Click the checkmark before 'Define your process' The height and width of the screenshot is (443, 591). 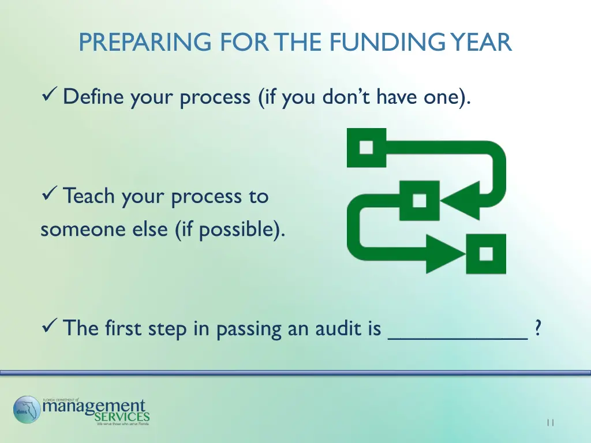pos(49,96)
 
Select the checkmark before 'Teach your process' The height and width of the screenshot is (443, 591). pos(49,196)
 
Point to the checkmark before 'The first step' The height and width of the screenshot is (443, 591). pos(49,328)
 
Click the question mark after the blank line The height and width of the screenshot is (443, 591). pos(538,328)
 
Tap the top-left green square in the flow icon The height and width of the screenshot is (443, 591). pos(366,148)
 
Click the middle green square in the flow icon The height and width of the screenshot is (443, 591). pos(420,200)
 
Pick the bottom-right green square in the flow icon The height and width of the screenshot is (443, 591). pos(486,254)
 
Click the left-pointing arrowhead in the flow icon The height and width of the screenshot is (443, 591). pos(459,201)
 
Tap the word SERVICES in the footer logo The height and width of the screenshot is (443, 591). pos(122,416)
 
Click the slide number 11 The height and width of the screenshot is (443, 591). pos(550,423)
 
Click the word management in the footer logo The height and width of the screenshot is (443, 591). pos(95,406)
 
